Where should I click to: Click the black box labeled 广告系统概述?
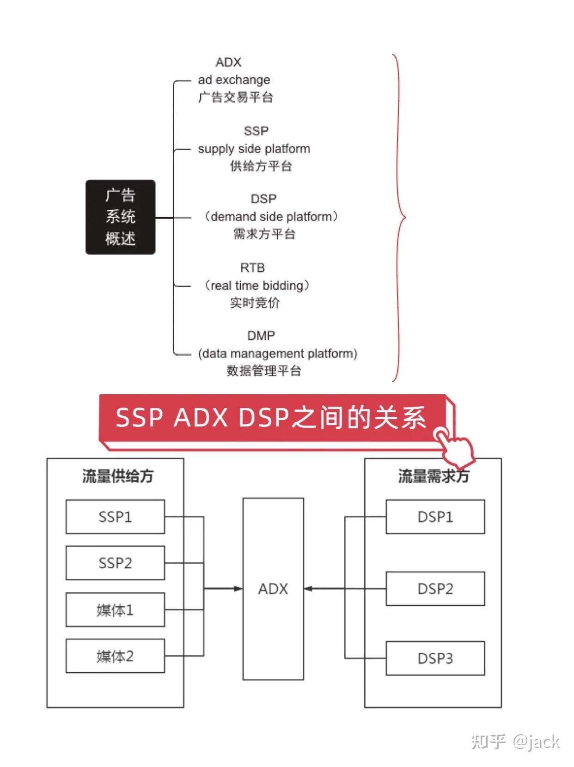pos(120,217)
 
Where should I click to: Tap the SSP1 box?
pos(115,517)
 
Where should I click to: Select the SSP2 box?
pos(115,563)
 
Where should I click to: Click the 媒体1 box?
pos(115,610)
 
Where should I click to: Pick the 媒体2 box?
pos(115,656)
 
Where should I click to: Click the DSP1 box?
pos(435,517)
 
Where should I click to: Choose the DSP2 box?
pos(435,589)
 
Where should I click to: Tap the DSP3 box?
pos(435,658)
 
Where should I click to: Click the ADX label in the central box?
pos(273,589)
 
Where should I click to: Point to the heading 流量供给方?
pos(117,476)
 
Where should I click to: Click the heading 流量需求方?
pos(434,476)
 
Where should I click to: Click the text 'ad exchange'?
pos(234,80)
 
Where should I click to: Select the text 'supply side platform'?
pos(254,149)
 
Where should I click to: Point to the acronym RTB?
pos(252,268)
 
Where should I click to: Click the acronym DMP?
pos(261,335)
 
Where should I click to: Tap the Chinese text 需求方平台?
pos(264,234)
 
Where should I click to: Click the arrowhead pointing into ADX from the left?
pos(238,589)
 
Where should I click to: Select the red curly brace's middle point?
pos(404,217)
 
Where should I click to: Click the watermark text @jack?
pos(536,742)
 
